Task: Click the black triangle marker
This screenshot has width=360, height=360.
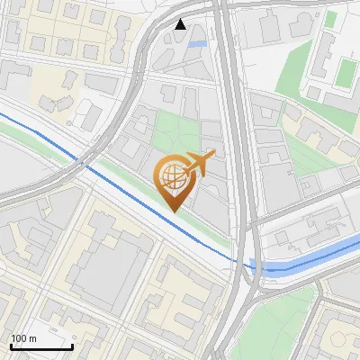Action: [x=181, y=24]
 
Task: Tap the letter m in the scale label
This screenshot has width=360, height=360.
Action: [x=33, y=338]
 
